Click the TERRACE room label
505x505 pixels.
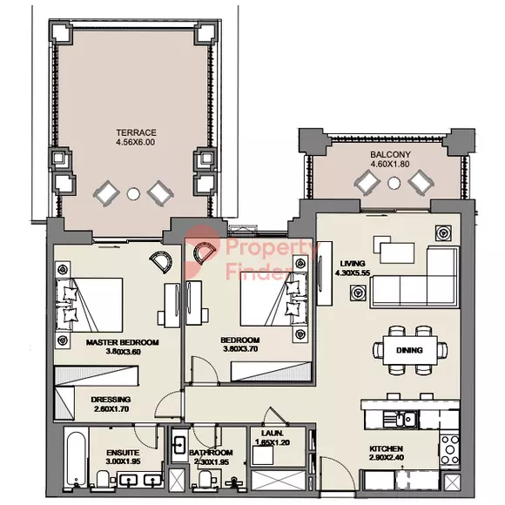pos(136,132)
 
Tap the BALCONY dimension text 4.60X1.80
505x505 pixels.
pos(390,164)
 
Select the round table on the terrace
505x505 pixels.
pos(133,194)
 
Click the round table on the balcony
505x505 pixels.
pos(394,183)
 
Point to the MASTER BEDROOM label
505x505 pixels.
pos(123,342)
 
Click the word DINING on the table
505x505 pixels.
pos(409,350)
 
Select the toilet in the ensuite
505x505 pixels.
pos(104,479)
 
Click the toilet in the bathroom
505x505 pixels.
pos(205,479)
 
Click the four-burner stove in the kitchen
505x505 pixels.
pos(449,449)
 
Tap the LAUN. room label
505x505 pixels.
pos(273,434)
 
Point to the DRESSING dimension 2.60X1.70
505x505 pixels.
pos(111,409)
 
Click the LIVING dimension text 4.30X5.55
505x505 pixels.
pos(353,273)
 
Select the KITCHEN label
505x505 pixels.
pos(387,448)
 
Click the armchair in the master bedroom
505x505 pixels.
pos(161,260)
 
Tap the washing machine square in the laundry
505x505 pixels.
pos(262,455)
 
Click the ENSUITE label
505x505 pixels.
pos(123,453)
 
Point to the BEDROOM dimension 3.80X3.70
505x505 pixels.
pos(240,349)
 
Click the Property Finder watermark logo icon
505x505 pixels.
pos(202,251)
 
